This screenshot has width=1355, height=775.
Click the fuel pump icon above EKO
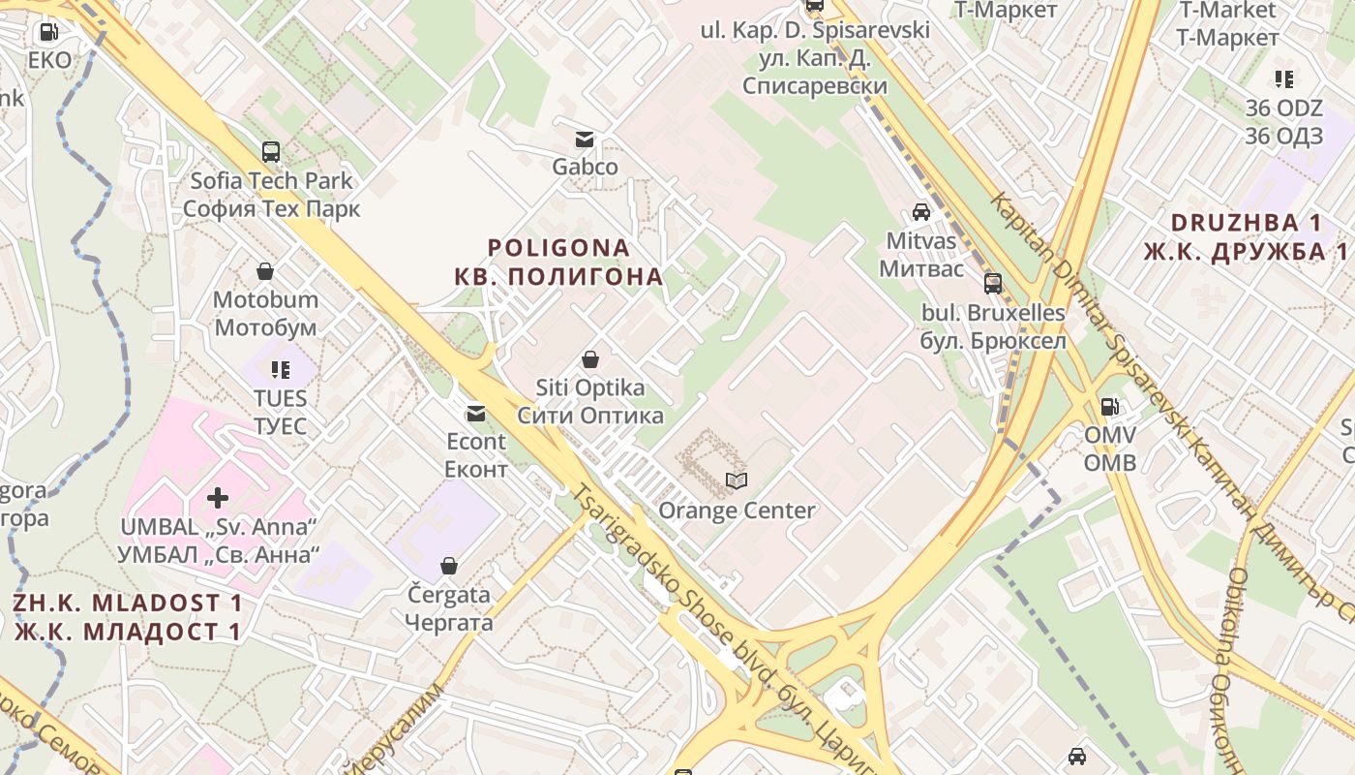point(47,33)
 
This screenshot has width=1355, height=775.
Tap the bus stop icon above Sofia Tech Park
point(271,152)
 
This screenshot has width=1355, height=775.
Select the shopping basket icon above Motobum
point(265,271)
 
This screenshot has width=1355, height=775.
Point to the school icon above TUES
point(281,369)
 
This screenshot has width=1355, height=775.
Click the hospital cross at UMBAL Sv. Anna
point(218,498)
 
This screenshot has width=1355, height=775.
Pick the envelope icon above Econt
point(476,414)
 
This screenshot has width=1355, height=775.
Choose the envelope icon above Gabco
point(585,139)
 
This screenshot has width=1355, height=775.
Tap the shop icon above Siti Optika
point(590,360)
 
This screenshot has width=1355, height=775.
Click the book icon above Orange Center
point(737,481)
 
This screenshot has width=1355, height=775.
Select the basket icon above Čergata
point(449,566)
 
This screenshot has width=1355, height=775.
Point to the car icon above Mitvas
point(921,212)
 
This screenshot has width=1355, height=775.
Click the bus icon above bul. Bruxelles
point(993,284)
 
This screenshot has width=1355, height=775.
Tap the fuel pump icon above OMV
point(1109,407)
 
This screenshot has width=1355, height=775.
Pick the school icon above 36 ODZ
point(1283,79)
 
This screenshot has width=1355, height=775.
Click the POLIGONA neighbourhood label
point(559,249)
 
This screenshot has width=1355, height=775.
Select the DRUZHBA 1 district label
point(1246,223)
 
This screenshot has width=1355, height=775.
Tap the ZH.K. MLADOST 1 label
point(128,603)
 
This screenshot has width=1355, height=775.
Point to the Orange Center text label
point(737,511)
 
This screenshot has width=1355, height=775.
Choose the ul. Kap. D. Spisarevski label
point(815,30)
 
